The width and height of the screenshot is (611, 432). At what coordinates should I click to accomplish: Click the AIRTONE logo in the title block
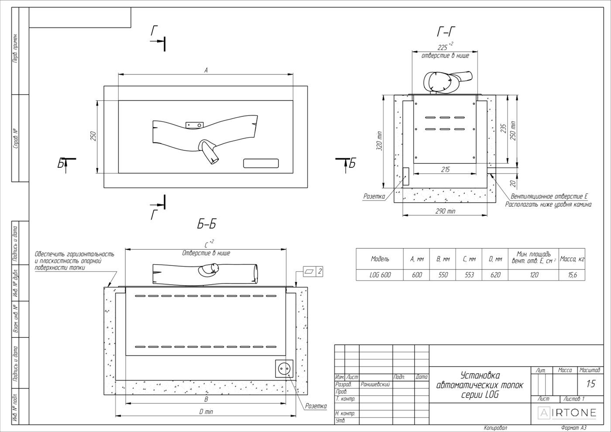point(567,413)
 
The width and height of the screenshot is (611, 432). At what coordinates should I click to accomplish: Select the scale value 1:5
point(590,384)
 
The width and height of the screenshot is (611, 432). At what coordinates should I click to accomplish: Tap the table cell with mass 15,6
point(572,275)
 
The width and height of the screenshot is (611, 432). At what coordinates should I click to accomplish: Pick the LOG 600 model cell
point(380,275)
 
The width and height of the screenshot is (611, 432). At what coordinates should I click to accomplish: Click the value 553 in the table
point(469,275)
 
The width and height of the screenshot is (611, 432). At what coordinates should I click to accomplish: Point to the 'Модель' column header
point(380,259)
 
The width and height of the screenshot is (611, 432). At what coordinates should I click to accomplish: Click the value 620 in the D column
point(495,275)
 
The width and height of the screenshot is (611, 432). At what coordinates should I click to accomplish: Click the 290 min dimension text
point(446,211)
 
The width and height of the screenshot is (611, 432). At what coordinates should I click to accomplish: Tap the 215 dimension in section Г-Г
point(445,170)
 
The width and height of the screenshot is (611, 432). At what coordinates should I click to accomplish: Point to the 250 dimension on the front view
point(93,136)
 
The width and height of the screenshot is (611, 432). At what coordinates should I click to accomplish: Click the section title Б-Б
point(207,225)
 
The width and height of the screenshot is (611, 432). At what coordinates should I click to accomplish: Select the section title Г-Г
point(446,32)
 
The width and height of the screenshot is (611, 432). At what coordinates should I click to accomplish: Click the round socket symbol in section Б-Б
point(284,369)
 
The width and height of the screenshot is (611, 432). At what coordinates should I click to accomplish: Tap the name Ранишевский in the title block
point(375,384)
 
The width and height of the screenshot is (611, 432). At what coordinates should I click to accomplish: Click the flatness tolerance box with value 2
point(313,272)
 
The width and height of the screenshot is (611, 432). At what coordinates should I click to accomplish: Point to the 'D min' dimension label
point(206,412)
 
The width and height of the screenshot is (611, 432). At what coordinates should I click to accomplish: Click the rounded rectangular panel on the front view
point(261,163)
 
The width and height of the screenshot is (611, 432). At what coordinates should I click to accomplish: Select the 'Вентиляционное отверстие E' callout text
point(549,197)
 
